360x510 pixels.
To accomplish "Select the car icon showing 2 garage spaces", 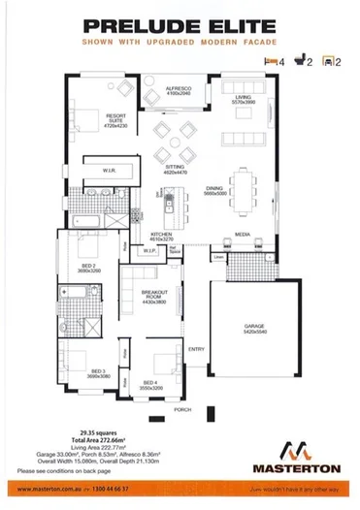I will (329, 61).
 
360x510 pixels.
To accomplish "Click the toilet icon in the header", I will (300, 61).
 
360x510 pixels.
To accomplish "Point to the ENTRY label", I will (195, 349).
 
